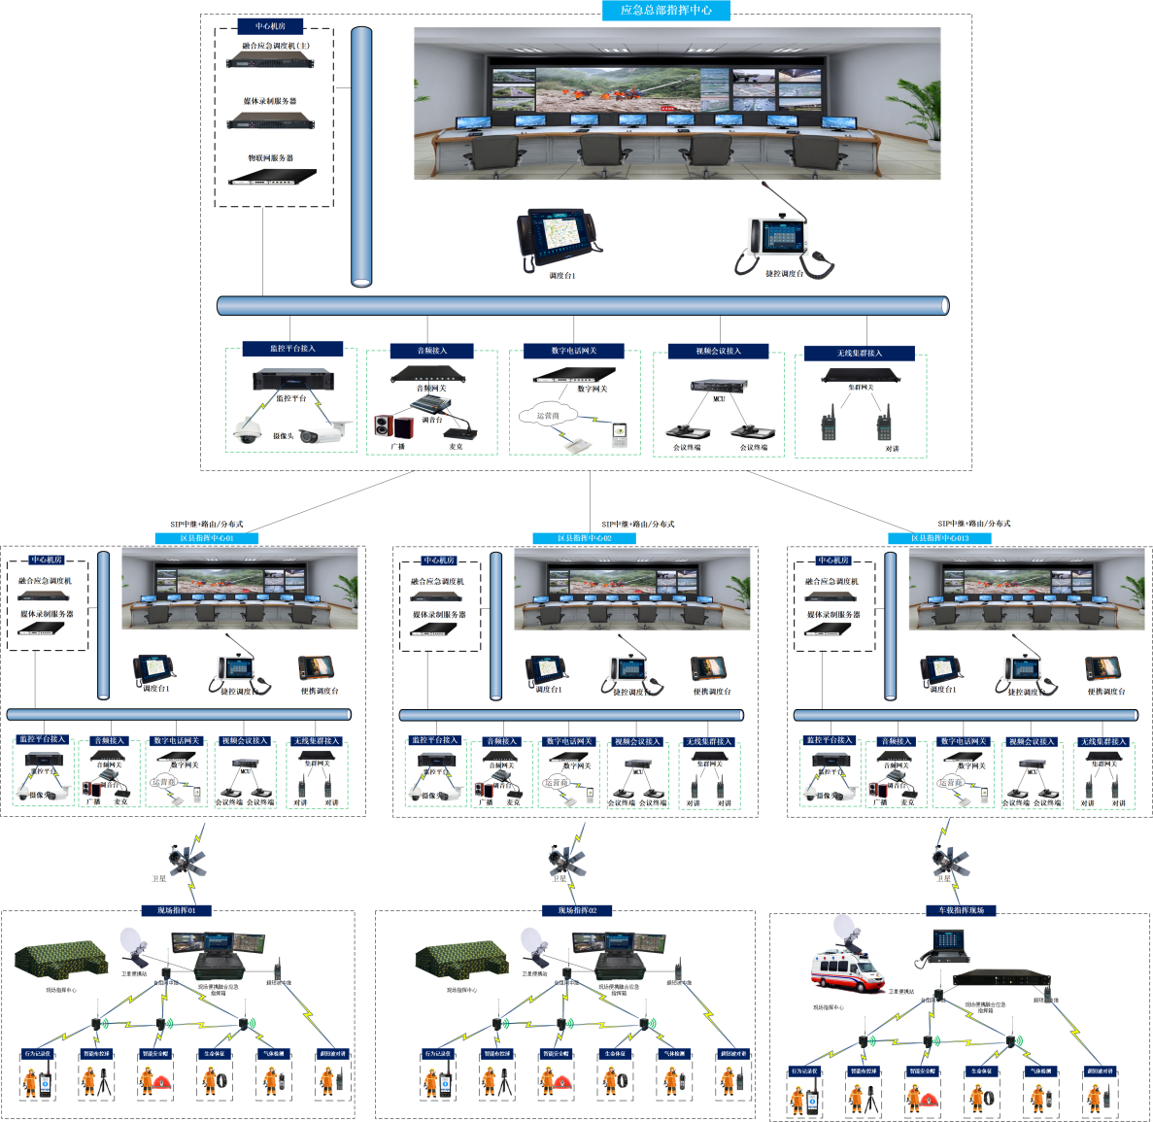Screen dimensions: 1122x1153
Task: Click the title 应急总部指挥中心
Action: coord(665,10)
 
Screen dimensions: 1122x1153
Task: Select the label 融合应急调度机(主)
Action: coord(276,46)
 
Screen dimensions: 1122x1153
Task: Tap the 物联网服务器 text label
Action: coord(270,157)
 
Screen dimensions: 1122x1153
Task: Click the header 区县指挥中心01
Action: coord(207,537)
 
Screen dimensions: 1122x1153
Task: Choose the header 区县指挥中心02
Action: coord(585,537)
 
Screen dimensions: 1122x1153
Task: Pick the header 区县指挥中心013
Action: coord(939,537)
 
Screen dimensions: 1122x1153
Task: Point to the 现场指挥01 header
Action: coord(177,910)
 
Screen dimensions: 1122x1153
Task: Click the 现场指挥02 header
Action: coord(577,910)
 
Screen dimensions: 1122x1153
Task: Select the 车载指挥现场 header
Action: coord(961,910)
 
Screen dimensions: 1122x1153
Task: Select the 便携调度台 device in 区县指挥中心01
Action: coord(317,667)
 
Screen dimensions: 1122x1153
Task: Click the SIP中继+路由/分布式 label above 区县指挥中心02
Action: coord(637,524)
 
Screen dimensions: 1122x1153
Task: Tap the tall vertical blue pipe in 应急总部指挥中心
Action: coord(361,155)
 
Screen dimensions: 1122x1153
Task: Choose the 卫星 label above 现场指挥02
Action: coord(560,878)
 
